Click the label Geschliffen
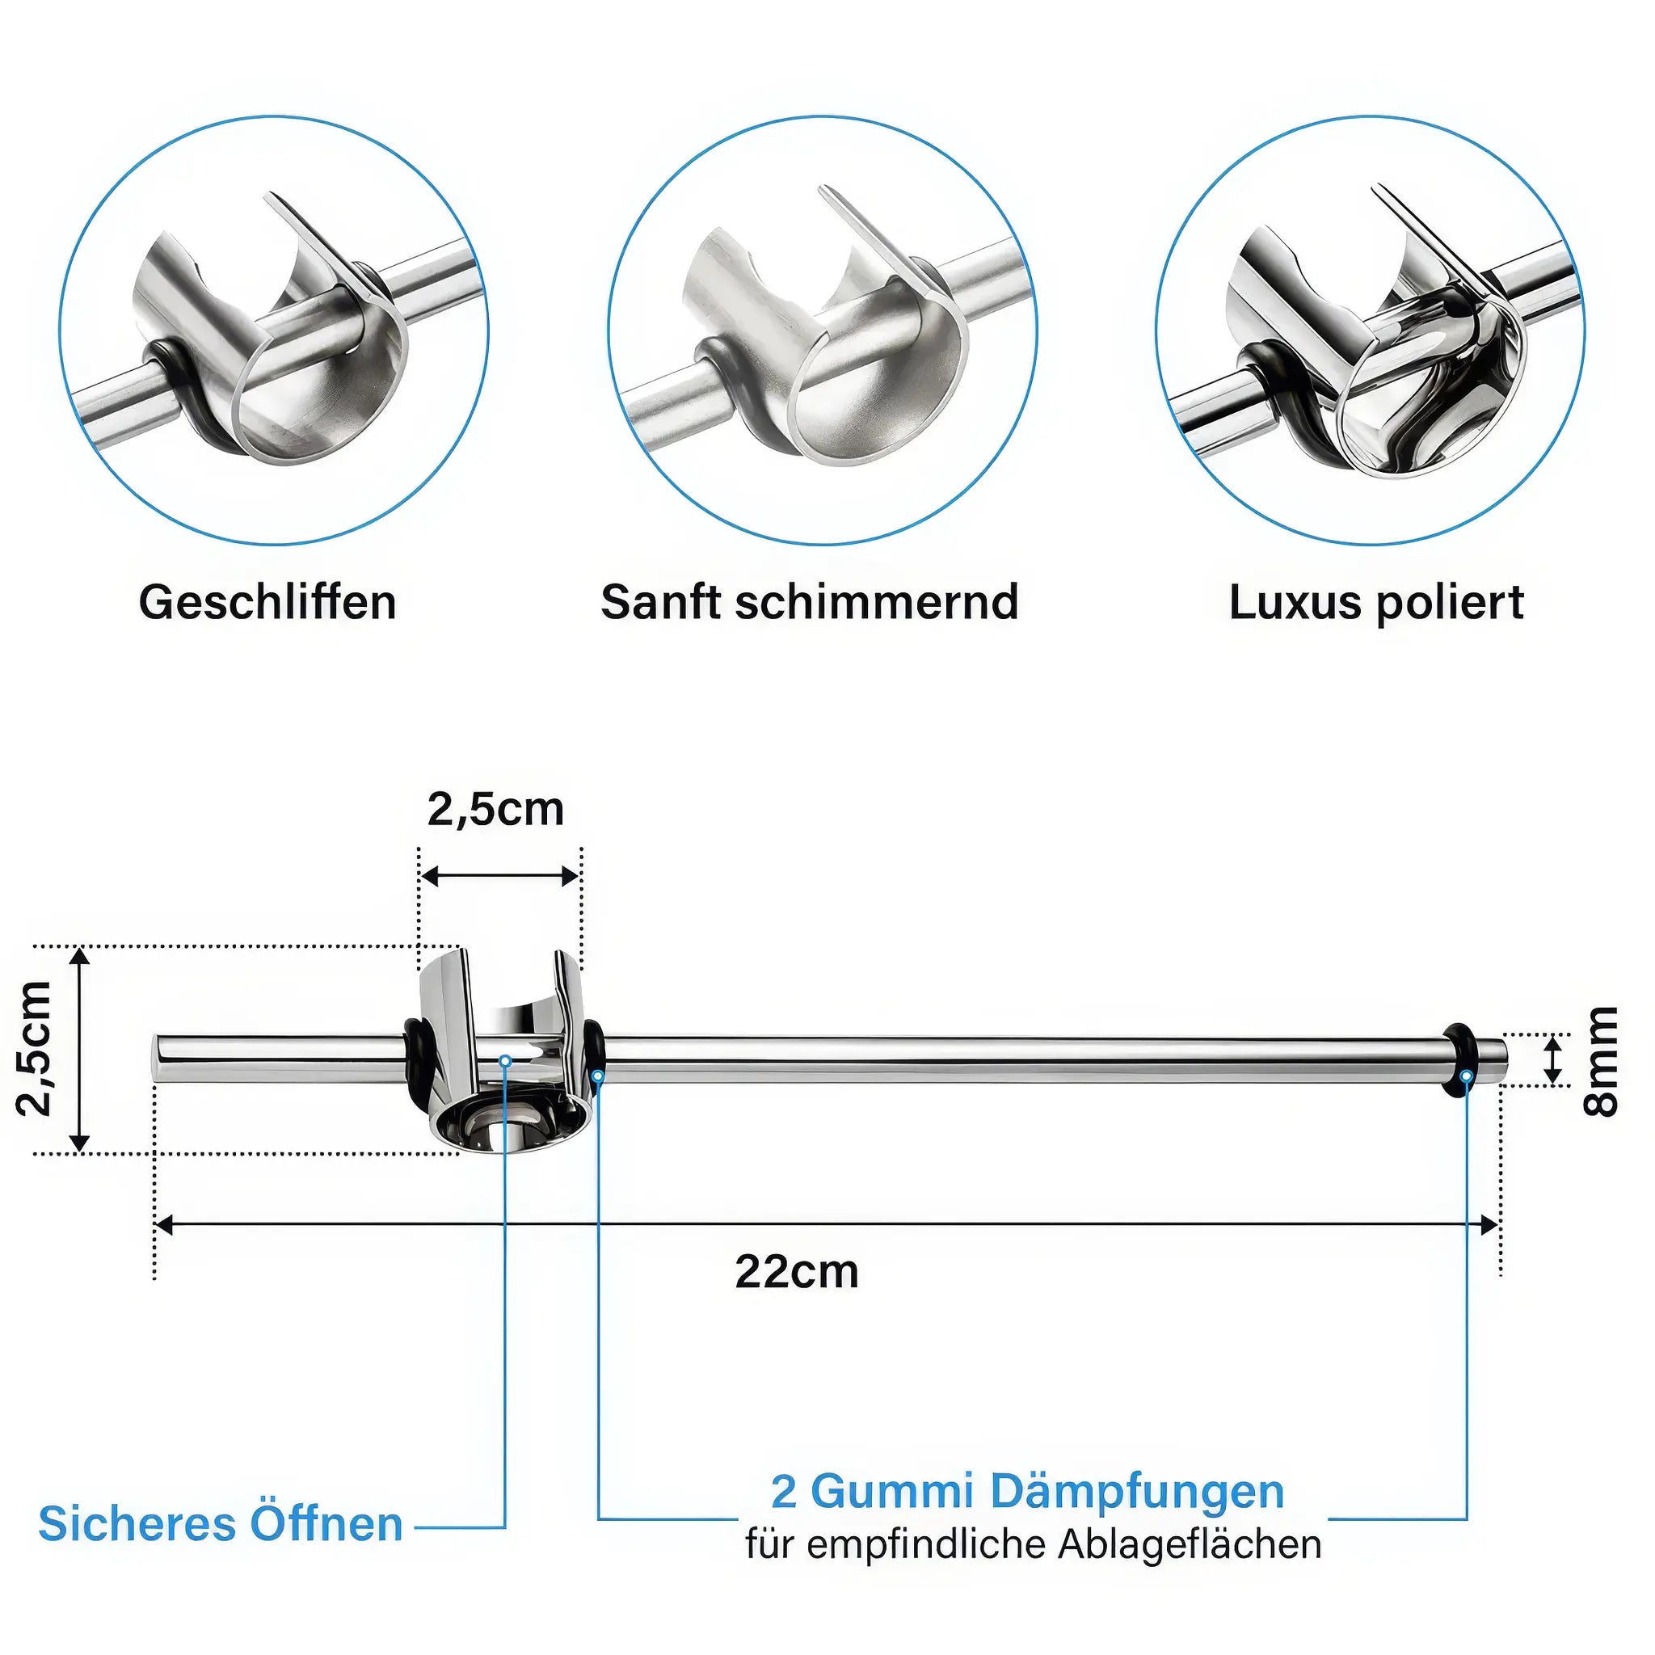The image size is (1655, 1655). [267, 602]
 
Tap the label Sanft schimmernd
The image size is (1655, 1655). [810, 602]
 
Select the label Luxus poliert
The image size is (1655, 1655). [1375, 602]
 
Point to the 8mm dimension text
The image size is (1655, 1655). [1600, 1061]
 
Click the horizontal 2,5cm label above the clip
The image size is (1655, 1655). [496, 809]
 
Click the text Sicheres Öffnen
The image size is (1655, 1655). [220, 1524]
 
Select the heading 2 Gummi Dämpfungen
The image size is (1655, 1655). [1027, 1492]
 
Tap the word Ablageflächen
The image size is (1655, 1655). [1190, 1544]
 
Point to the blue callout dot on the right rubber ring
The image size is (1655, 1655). [1467, 1076]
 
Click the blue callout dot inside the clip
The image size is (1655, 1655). [504, 1061]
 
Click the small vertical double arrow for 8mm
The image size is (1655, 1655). [1552, 1060]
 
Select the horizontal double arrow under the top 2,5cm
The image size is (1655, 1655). [500, 875]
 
